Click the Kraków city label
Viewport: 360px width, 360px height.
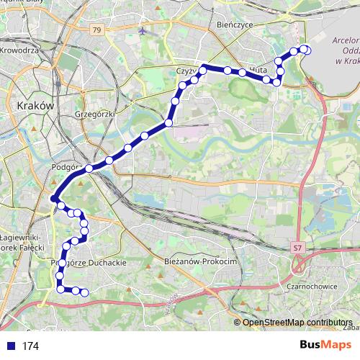pos(35,104)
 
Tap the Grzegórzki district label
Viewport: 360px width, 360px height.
pos(94,114)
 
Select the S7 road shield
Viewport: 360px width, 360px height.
pos(297,248)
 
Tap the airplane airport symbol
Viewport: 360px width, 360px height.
pos(143,32)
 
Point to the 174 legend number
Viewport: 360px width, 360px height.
pos(30,346)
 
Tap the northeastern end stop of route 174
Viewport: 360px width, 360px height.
pos(306,50)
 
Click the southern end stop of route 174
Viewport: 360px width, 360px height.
pos(84,292)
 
